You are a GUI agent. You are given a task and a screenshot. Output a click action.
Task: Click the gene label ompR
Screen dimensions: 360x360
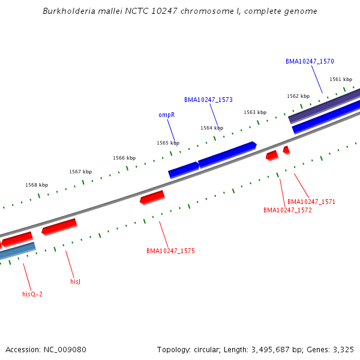point(166,115)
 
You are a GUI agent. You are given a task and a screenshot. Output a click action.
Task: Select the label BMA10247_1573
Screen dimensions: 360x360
point(208,100)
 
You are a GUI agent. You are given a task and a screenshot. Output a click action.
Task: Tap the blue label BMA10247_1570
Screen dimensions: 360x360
point(310,61)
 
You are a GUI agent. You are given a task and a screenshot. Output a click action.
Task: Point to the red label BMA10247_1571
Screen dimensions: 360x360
point(311,202)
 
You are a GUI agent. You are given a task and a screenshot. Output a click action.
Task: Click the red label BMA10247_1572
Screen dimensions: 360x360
point(287,210)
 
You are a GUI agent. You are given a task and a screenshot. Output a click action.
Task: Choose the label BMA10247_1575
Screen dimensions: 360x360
point(170,251)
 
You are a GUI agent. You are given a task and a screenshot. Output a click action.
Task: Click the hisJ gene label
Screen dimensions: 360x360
point(75,281)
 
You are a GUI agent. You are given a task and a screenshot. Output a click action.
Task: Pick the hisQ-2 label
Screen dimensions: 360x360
point(32,294)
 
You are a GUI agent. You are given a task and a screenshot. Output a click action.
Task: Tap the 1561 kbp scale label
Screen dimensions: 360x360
point(341,79)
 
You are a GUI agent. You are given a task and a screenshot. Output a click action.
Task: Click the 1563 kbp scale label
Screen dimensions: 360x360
point(255,112)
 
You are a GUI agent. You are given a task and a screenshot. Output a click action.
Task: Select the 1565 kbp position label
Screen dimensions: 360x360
point(168,143)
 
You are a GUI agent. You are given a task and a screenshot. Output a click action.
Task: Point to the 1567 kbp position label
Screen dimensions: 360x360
point(80,172)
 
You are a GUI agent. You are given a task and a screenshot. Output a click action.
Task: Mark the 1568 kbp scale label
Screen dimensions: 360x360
point(37,185)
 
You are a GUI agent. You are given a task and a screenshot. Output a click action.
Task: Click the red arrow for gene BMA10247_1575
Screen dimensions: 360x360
point(152,197)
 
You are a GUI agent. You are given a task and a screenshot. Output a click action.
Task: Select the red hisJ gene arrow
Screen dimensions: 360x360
point(59,226)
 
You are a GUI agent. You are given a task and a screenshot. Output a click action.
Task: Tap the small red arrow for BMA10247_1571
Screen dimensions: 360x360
point(286,149)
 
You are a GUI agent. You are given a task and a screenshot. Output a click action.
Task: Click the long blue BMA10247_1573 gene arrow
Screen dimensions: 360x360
point(227,154)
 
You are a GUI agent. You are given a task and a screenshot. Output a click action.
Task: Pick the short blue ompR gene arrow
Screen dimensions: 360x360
point(184,169)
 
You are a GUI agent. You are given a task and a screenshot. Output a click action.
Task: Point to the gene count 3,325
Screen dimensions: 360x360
point(343,349)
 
